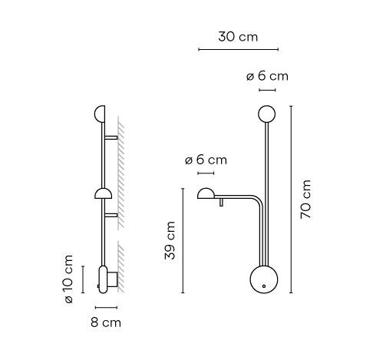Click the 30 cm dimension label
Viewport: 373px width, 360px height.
[238, 37]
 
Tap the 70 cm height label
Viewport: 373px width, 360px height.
[305, 200]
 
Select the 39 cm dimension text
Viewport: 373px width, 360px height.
[170, 240]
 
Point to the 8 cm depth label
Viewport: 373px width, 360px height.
[106, 322]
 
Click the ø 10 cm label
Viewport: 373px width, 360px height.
[69, 279]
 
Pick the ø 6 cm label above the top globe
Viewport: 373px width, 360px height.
[267, 76]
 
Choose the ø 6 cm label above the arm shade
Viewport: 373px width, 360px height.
[206, 160]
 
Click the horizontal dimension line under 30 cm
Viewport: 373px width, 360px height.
[239, 49]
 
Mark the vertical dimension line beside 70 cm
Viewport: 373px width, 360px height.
[291, 200]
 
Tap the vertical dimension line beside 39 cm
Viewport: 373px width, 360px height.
[183, 240]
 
